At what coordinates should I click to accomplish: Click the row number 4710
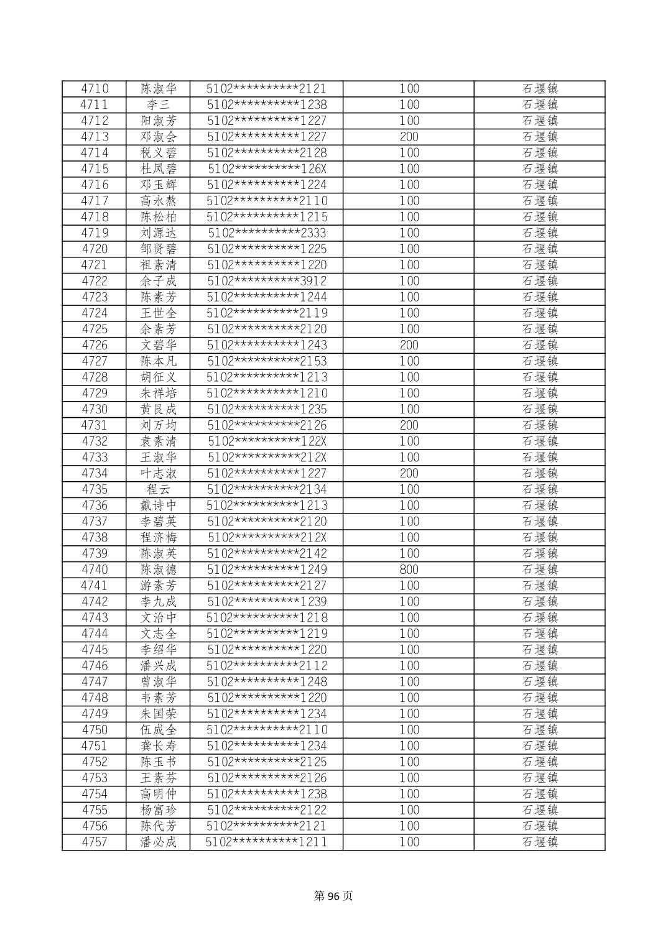95,89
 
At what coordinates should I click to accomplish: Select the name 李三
158,105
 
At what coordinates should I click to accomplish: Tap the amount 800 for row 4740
409,570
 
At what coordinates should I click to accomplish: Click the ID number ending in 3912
267,281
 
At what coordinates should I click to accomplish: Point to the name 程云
158,490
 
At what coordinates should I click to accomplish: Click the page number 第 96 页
333,896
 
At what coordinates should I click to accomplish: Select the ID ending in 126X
267,169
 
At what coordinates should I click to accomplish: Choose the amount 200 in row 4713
409,137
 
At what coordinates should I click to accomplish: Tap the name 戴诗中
158,506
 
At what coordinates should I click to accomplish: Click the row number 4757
95,842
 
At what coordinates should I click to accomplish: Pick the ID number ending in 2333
267,233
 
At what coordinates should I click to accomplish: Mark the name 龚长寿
158,746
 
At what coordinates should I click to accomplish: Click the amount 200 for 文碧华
409,346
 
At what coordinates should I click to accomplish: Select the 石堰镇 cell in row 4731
539,426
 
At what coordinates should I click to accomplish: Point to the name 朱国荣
158,714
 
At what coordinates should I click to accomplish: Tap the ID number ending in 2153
267,362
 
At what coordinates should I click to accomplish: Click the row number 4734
95,474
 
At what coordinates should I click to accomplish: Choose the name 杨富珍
158,810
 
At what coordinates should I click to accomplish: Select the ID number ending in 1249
267,570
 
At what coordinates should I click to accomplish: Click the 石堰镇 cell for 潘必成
539,842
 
